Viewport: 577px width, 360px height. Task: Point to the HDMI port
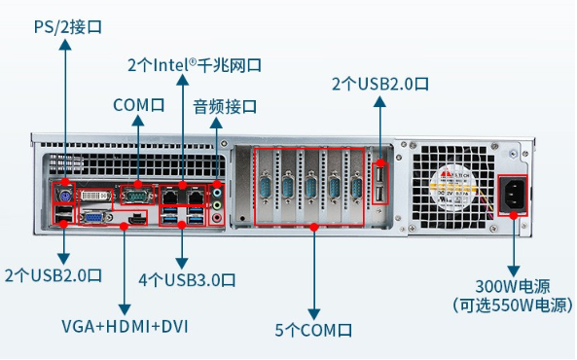coord(137,220)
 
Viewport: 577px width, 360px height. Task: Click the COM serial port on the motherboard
coord(137,198)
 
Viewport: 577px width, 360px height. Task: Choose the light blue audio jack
coord(218,218)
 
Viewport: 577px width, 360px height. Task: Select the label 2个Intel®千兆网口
coord(196,65)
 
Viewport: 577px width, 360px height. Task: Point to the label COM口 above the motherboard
coord(138,104)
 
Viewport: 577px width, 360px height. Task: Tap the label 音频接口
coord(225,105)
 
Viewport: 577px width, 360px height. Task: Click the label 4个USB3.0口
coord(185,280)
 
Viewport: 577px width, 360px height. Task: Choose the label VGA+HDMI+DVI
coord(125,325)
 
